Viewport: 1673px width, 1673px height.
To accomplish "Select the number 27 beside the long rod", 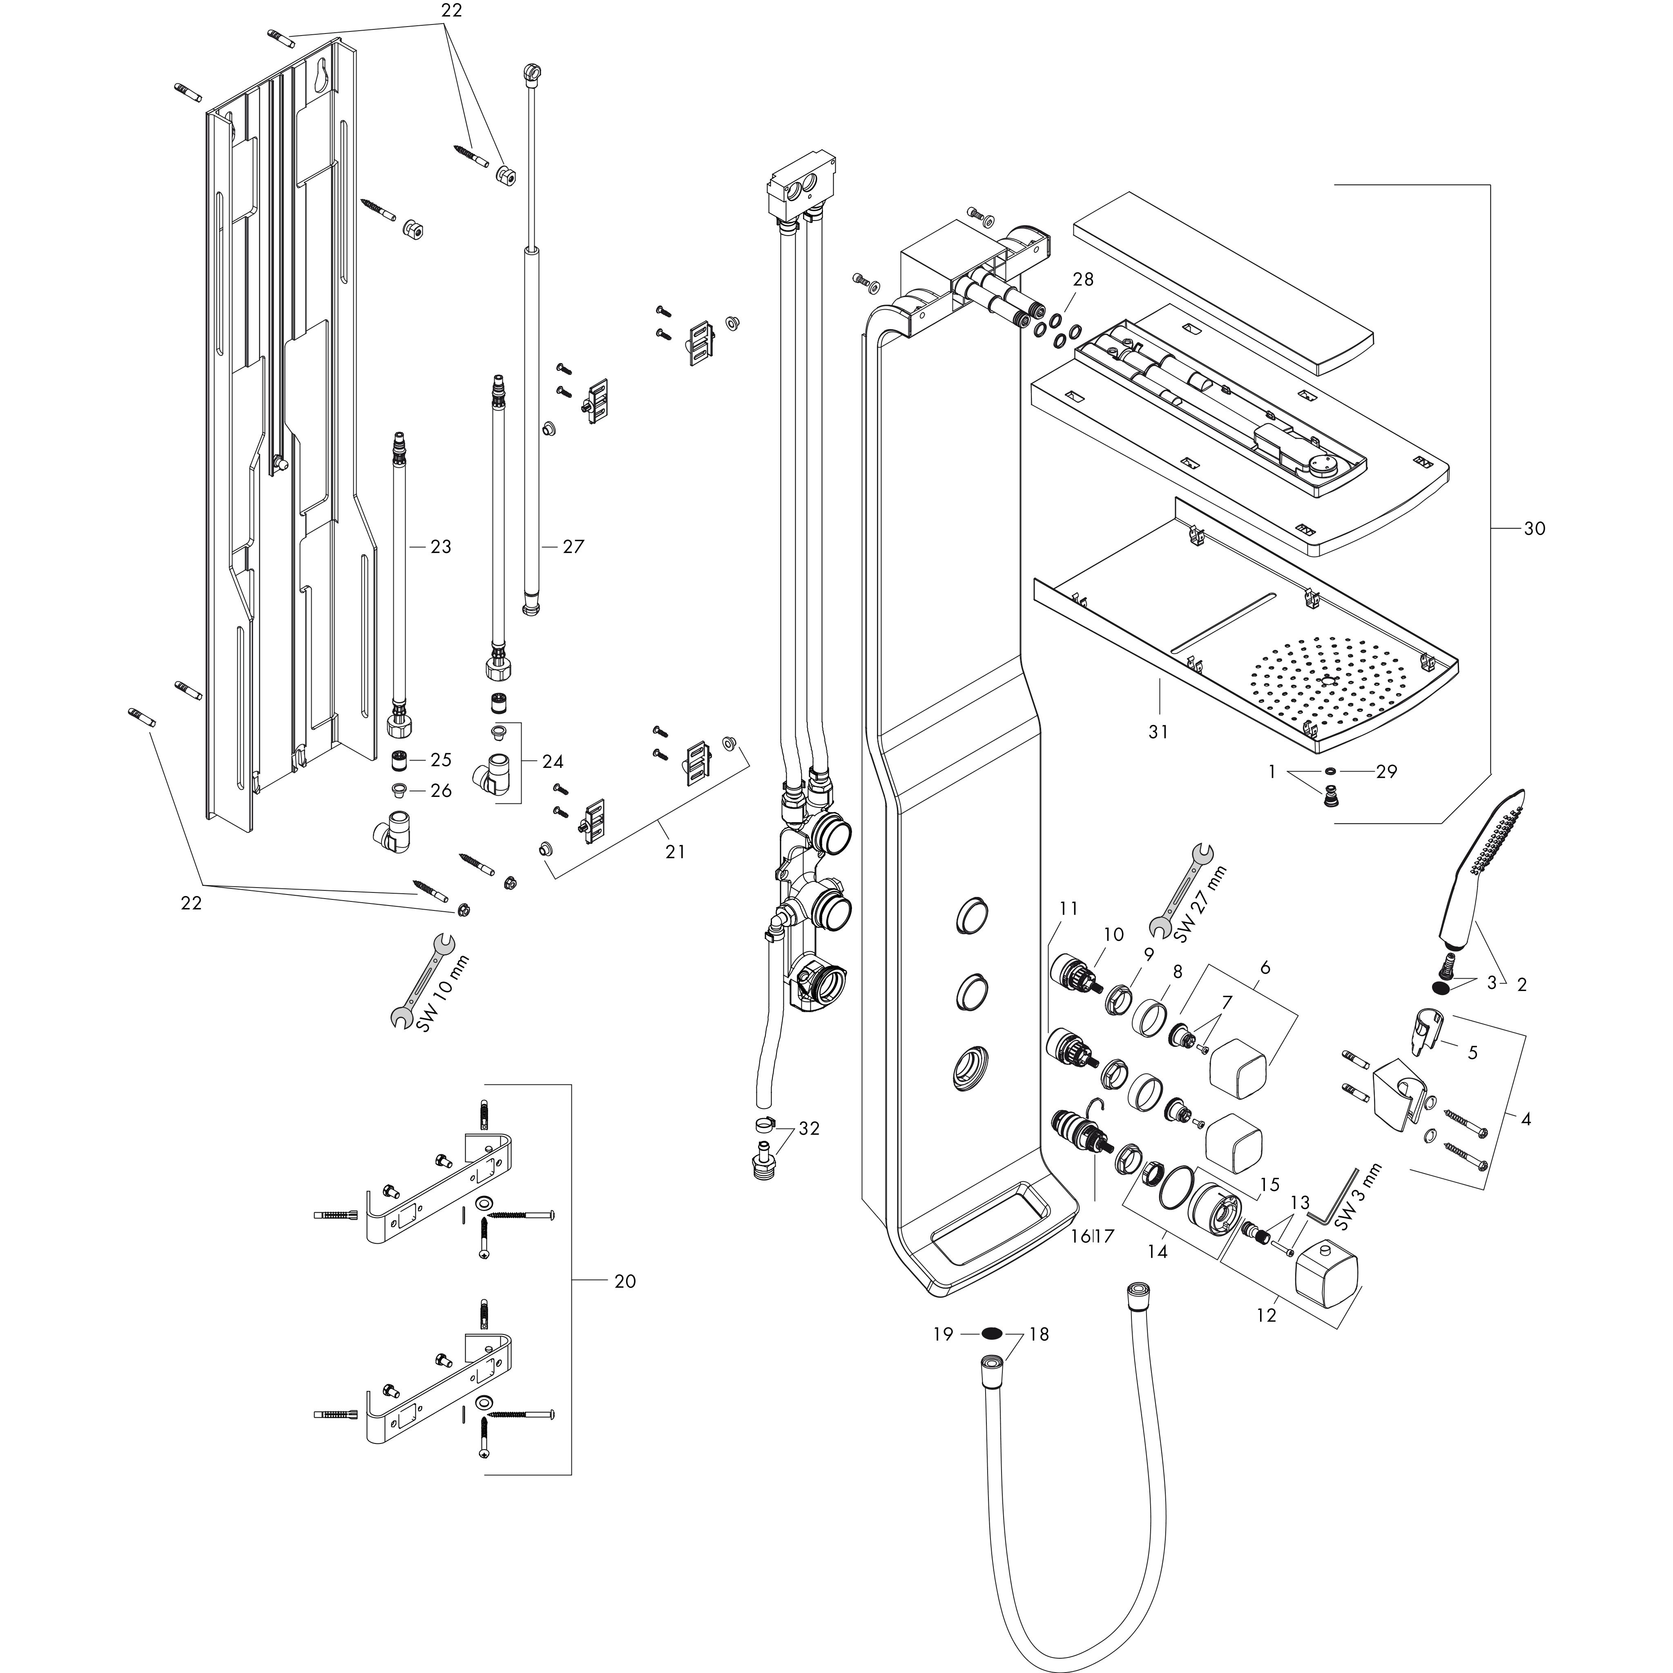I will coord(573,547).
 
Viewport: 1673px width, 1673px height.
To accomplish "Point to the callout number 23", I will coord(441,547).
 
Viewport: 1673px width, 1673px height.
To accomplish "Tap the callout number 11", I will coord(1068,908).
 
